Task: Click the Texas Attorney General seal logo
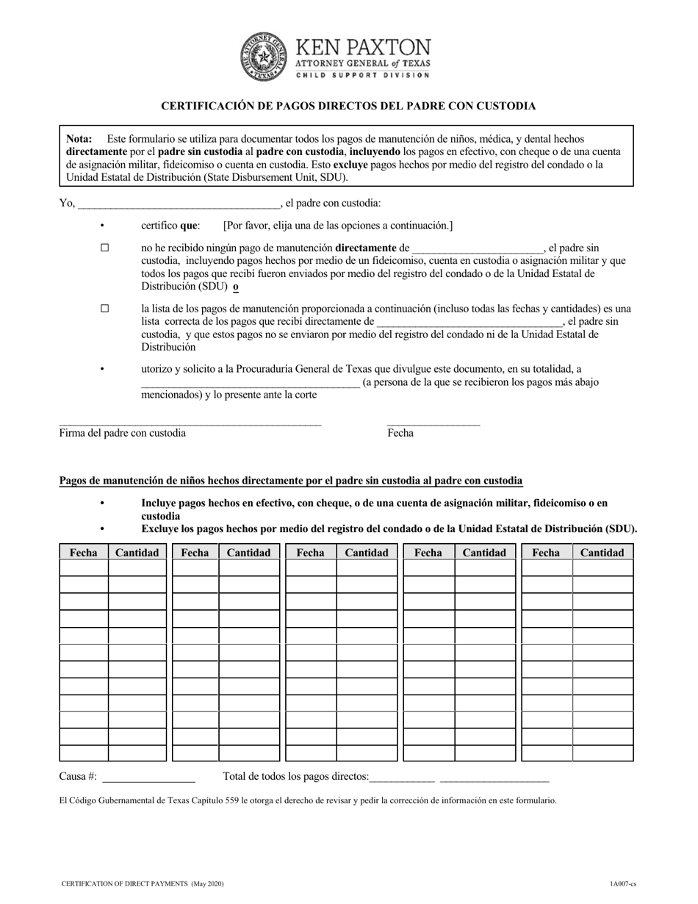click(x=264, y=57)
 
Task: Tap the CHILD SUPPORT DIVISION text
click(x=363, y=75)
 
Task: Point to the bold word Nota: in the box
click(x=79, y=138)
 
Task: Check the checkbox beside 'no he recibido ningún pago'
click(x=104, y=248)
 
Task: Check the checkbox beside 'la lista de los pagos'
click(x=104, y=309)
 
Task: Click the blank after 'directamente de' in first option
click(x=478, y=248)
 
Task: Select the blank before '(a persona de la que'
click(x=250, y=382)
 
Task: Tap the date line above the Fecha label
click(x=433, y=423)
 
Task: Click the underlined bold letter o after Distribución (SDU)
click(x=235, y=287)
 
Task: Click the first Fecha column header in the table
click(x=84, y=553)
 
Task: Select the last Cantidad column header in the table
click(x=602, y=553)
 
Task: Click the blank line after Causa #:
click(x=151, y=777)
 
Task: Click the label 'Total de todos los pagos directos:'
click(x=295, y=776)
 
